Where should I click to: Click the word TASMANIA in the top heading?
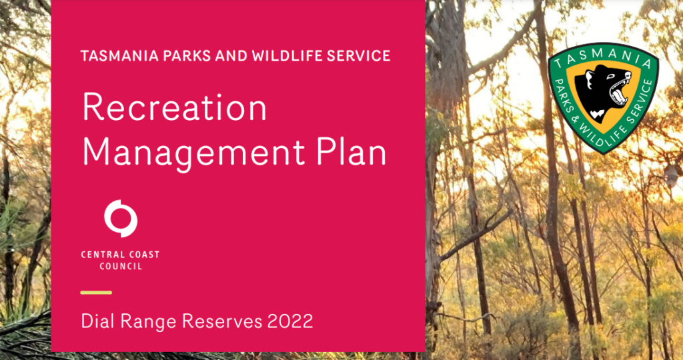click(x=114, y=56)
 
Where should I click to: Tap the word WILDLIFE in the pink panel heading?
click(x=295, y=56)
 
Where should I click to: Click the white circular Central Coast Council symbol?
click(x=121, y=219)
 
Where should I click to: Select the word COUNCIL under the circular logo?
click(x=121, y=267)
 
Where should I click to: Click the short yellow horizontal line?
click(x=96, y=293)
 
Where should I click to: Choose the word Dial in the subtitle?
click(x=99, y=321)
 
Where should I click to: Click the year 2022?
click(x=290, y=321)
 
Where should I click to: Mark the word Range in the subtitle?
click(x=149, y=322)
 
